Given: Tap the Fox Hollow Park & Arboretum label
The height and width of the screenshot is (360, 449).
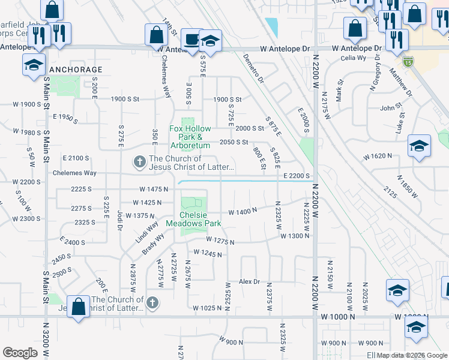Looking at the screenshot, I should (190, 137).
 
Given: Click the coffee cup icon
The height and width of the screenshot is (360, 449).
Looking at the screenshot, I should (191, 40).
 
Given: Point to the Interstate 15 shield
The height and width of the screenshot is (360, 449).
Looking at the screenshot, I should (408, 62).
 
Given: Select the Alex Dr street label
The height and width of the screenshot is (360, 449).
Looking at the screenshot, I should (249, 281).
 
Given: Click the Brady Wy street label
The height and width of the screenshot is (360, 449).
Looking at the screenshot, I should (153, 245).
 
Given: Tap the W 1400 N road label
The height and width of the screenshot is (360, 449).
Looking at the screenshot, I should (243, 211).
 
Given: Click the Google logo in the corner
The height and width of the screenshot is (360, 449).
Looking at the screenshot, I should (20, 353).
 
